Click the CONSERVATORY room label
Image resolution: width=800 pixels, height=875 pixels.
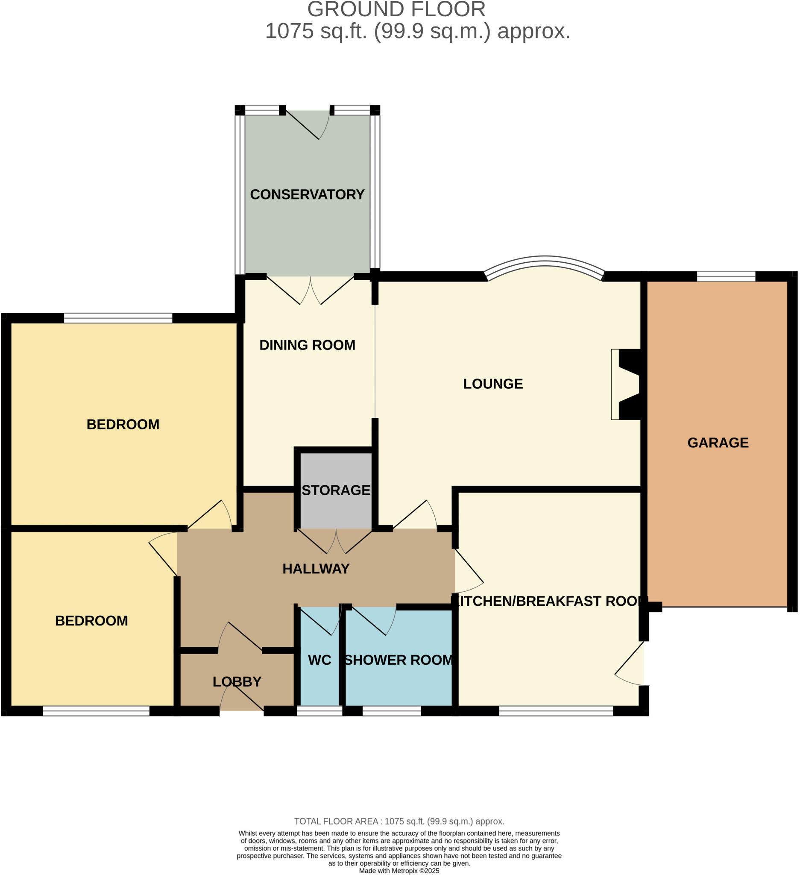coord(307,194)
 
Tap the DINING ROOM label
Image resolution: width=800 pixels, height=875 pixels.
coord(307,345)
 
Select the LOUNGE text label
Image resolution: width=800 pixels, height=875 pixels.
coord(493,384)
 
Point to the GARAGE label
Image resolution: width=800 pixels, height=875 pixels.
coord(718,443)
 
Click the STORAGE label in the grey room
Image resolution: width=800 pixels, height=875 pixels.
coord(336,490)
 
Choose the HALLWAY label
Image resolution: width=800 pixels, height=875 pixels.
coord(316,569)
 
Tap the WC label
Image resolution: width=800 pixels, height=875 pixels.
coord(319,660)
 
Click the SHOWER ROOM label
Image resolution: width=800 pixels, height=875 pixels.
coord(398,660)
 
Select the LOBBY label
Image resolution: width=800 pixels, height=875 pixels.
coord(237,682)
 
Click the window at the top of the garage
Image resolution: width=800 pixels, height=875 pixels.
coord(726,276)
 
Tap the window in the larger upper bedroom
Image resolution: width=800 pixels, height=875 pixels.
coord(118,319)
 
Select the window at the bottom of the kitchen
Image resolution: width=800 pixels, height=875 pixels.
coord(556,711)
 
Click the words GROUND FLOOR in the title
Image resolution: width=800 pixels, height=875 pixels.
coord(396,9)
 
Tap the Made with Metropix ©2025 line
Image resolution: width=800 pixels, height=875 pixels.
coord(399,871)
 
